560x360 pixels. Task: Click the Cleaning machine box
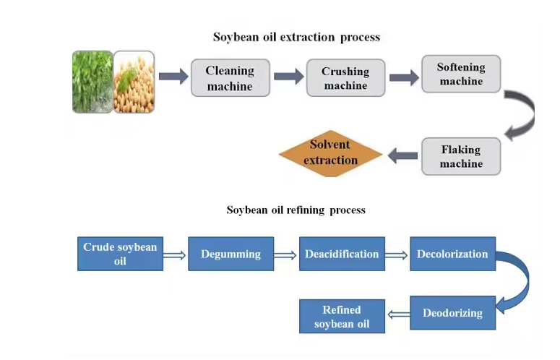click(x=230, y=78)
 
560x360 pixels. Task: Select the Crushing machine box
click(x=345, y=78)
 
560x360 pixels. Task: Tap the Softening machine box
click(x=461, y=74)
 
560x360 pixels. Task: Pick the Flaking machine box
click(x=461, y=156)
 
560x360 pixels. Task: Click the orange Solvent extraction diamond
click(x=330, y=153)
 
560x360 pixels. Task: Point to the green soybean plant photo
click(x=92, y=82)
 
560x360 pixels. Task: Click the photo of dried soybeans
click(x=134, y=82)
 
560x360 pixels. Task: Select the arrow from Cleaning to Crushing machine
click(x=288, y=77)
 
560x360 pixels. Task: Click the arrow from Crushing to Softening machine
click(x=404, y=77)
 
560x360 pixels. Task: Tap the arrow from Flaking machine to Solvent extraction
click(x=402, y=155)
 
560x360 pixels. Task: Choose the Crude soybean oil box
click(x=120, y=254)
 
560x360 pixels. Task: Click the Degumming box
click(x=231, y=254)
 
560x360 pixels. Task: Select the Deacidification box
click(x=342, y=254)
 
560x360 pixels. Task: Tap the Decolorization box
click(x=452, y=254)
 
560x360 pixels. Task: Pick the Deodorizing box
click(x=452, y=313)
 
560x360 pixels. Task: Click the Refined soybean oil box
click(x=342, y=317)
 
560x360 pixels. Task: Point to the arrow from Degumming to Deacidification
click(x=286, y=254)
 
